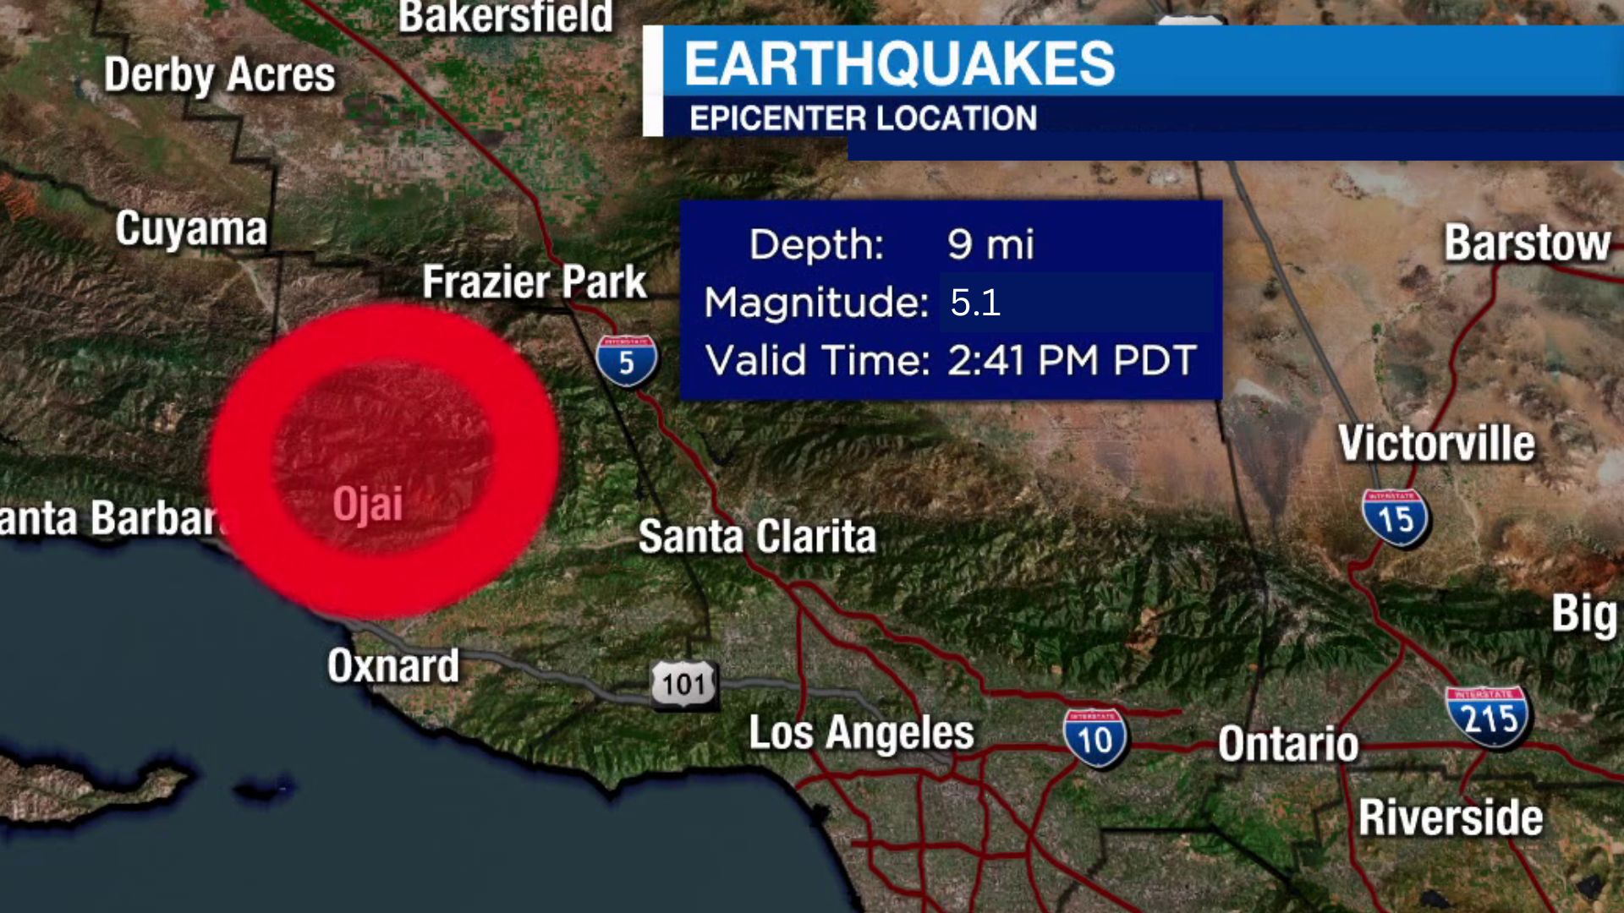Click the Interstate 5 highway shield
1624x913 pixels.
626,361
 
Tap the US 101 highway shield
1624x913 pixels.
683,683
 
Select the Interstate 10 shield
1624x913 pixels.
1095,738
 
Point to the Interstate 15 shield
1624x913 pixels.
1395,517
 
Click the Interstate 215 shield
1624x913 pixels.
1488,717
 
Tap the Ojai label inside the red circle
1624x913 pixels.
367,505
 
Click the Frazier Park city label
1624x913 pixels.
534,282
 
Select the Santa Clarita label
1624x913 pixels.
757,536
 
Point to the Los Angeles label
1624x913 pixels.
861,732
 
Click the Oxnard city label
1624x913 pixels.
393,666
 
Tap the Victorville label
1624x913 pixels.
1436,443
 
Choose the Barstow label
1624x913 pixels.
1527,243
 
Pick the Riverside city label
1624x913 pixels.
1451,817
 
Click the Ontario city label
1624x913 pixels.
1288,744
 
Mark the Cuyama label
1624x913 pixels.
191,228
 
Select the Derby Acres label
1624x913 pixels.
220,75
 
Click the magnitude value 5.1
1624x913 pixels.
975,303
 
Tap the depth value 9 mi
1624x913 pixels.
990,244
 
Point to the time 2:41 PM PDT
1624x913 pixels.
1072,360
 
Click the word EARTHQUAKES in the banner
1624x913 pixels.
899,63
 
